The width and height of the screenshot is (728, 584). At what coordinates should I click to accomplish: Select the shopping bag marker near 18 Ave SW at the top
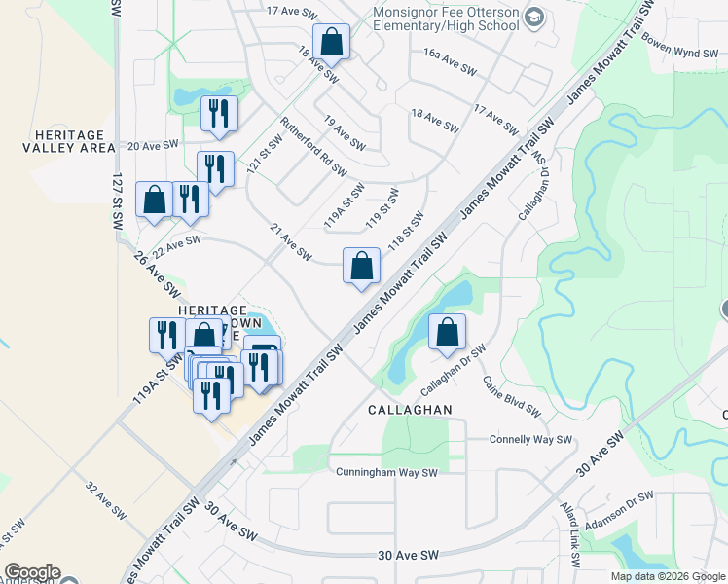(x=331, y=43)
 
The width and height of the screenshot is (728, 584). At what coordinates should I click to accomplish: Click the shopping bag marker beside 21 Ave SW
(x=361, y=266)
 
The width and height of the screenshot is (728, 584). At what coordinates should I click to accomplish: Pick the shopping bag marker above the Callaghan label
(x=446, y=333)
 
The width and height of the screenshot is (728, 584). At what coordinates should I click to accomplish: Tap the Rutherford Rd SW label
(x=313, y=146)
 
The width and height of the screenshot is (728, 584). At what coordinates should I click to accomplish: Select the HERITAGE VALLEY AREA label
(x=61, y=140)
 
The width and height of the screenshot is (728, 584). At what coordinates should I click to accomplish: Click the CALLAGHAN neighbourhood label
(x=410, y=410)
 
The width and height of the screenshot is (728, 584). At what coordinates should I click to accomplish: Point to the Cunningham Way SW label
(x=387, y=473)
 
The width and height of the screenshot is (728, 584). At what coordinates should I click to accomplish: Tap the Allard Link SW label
(x=570, y=534)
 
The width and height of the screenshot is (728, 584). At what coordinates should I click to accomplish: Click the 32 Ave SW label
(x=106, y=501)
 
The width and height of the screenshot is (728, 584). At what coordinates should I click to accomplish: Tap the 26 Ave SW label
(x=158, y=275)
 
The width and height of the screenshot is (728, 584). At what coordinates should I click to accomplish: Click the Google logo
(x=32, y=572)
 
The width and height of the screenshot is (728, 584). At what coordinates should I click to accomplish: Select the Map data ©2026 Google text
(x=666, y=576)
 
